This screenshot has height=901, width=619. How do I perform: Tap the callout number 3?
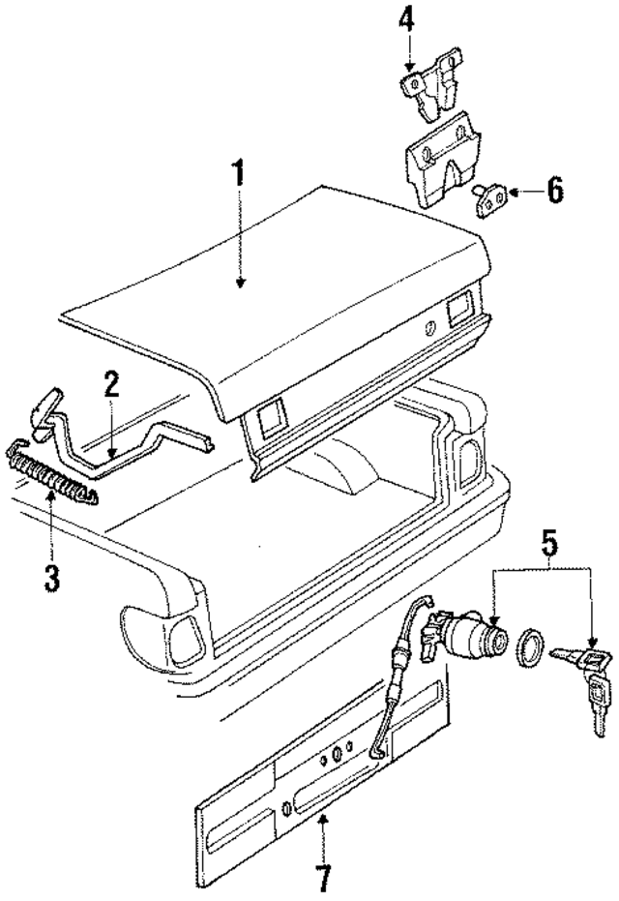50,579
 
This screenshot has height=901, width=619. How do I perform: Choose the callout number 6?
553,190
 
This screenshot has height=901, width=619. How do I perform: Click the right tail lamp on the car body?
469,455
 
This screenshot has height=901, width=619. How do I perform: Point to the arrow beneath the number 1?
239,252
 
